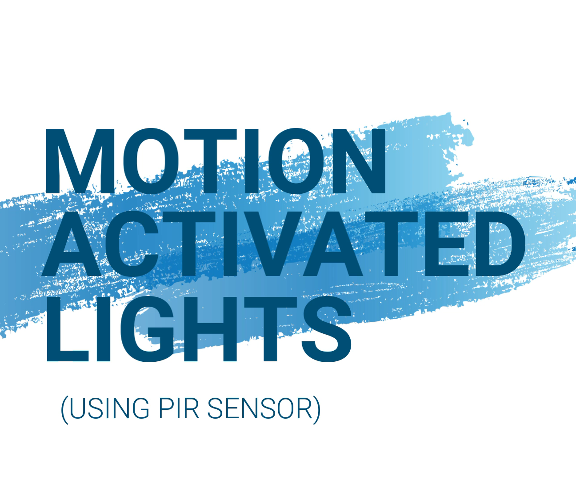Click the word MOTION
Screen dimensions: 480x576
click(x=215, y=161)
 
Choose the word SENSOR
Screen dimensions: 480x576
click(x=260, y=408)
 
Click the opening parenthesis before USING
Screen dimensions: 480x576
click(x=64, y=409)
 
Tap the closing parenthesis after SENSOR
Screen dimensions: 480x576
click(x=317, y=409)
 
